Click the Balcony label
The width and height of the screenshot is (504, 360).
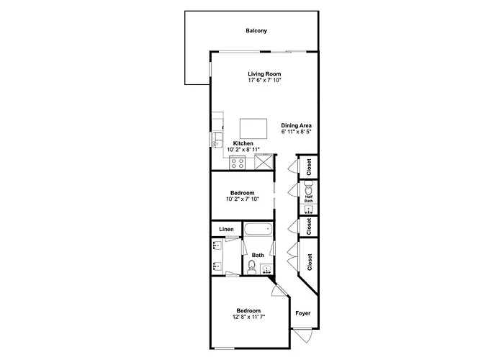[x=256, y=31]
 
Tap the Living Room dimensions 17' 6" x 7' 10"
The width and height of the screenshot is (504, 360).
[x=264, y=81]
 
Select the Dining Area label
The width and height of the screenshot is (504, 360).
[x=297, y=126]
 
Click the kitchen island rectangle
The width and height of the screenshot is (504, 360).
[x=253, y=129]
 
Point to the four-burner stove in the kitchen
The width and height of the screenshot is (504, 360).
[x=237, y=163]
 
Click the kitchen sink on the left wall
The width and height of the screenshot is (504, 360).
[x=217, y=140]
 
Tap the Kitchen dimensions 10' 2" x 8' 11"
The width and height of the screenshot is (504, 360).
[x=243, y=150]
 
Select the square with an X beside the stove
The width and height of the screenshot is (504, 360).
[x=264, y=162]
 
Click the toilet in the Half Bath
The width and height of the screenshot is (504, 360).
[x=308, y=189]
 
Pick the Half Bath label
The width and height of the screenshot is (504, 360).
[x=309, y=199]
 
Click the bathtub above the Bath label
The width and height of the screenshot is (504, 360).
[x=258, y=230]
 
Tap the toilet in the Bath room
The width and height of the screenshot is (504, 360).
[x=251, y=267]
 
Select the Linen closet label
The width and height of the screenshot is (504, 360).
[x=226, y=229]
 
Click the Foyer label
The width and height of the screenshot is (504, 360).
[x=303, y=313]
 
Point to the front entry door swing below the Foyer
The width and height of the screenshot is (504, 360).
[x=303, y=336]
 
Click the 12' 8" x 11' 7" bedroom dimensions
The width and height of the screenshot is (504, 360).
[x=249, y=317]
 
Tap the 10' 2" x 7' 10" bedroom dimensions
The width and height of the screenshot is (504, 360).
[x=243, y=199]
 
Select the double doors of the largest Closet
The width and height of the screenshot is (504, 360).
[x=293, y=257]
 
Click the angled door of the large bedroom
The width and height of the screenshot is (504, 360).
[x=279, y=290]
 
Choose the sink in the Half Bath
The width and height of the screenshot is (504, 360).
[x=309, y=210]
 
